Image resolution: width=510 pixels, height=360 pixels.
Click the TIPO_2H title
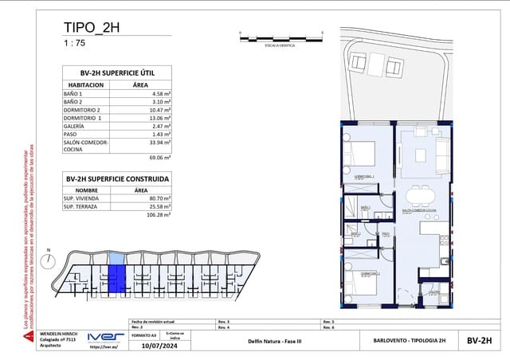92,29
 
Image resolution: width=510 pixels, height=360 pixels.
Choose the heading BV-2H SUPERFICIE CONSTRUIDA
117,179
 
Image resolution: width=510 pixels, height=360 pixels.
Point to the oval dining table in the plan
418,196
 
